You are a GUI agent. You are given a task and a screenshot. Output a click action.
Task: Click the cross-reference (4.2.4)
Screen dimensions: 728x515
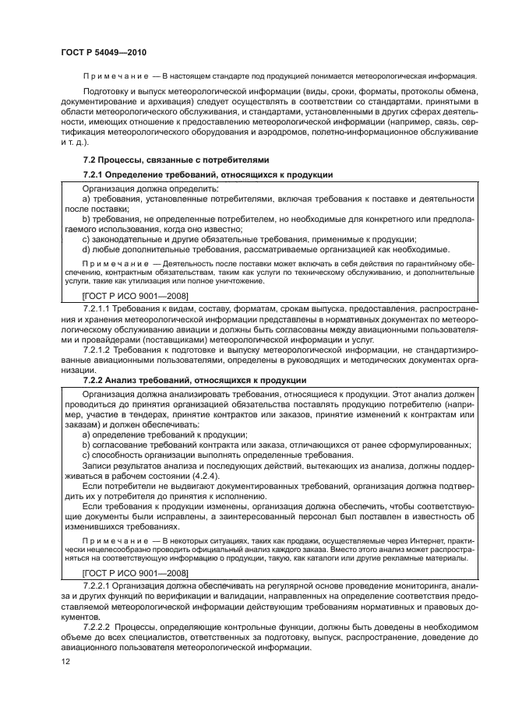click(x=198, y=475)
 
